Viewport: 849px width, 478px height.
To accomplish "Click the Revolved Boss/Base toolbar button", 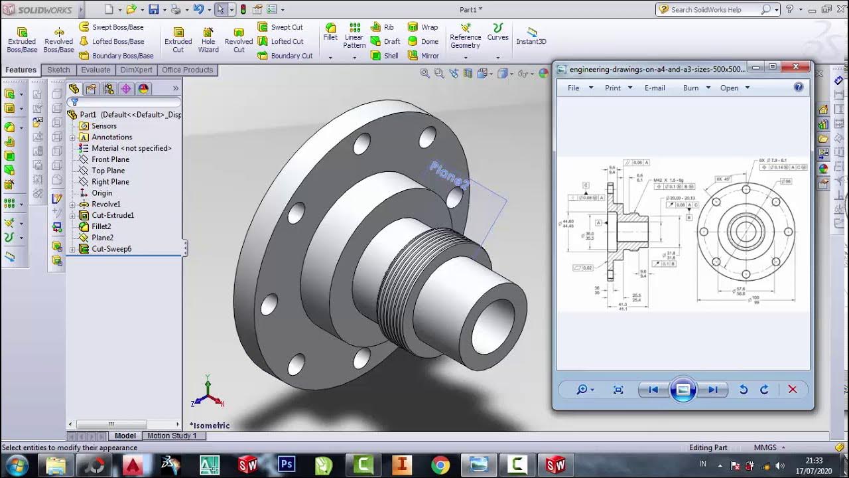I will [58, 40].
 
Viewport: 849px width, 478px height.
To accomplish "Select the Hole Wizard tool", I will [208, 40].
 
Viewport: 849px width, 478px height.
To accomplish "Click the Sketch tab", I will [58, 70].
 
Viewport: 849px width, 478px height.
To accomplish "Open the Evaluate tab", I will [96, 70].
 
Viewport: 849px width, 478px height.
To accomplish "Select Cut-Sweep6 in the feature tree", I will [111, 249].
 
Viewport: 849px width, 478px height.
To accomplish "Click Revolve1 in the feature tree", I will [106, 204].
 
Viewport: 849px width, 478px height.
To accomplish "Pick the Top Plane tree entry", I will [108, 171].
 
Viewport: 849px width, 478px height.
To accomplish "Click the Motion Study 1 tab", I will [172, 436].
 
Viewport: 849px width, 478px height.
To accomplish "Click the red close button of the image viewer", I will [795, 67].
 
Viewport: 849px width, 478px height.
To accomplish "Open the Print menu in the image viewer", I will [613, 88].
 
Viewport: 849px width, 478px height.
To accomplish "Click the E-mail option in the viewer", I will [655, 88].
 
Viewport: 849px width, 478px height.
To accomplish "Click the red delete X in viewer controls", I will [792, 390].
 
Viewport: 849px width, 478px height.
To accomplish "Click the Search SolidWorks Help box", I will [713, 9].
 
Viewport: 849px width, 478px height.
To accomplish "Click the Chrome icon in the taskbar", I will [440, 465].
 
